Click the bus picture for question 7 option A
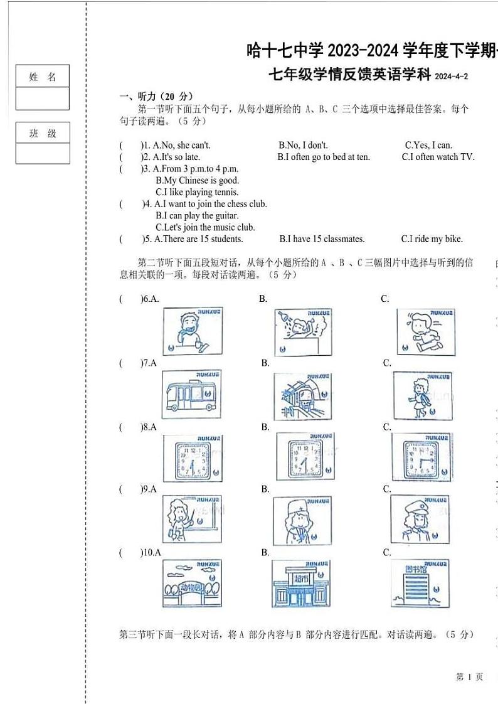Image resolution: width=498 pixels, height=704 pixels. pyautogui.click(x=192, y=392)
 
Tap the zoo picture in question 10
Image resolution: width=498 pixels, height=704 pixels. pyautogui.click(x=191, y=583)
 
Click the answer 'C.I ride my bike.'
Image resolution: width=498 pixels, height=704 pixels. pyautogui.click(x=432, y=239)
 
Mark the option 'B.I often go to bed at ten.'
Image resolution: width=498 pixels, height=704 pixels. pyautogui.click(x=324, y=157)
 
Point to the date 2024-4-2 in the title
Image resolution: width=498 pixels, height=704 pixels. pyautogui.click(x=451, y=77)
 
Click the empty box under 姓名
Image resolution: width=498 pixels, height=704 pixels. pyautogui.click(x=43, y=99)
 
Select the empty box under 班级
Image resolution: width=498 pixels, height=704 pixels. pyautogui.click(x=43, y=153)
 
